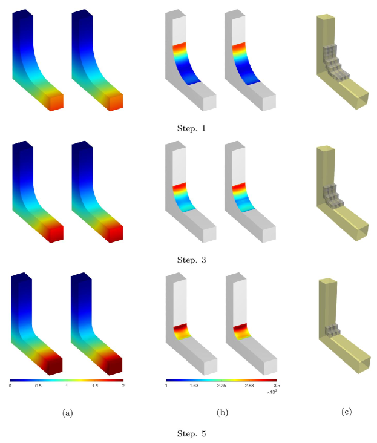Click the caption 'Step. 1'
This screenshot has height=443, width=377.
(191, 128)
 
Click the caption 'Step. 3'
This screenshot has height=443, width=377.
(191, 260)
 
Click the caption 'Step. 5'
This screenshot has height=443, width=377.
(191, 433)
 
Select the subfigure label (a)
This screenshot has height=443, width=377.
(68, 413)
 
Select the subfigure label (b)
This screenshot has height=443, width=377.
(222, 413)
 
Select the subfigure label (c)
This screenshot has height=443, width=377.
(347, 412)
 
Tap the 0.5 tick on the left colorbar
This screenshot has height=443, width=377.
(38, 386)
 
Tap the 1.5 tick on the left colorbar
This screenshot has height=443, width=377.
(95, 386)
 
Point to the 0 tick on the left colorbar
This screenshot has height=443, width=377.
(10, 386)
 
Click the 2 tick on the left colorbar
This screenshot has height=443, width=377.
(123, 386)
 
